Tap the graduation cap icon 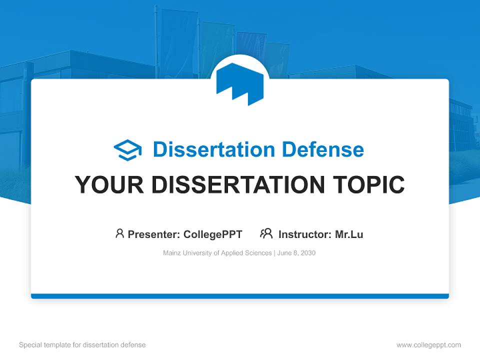pos(127,150)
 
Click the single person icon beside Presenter pos(119,233)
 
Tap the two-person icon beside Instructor pos(266,233)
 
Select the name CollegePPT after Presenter pos(213,234)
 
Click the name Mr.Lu pos(349,234)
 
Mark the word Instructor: pos(305,234)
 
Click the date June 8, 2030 pos(296,253)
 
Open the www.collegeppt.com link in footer pos(428,345)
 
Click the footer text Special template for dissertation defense pos(82,345)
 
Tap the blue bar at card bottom pos(240,296)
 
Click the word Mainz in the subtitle pos(171,253)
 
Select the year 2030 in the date pos(308,253)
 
